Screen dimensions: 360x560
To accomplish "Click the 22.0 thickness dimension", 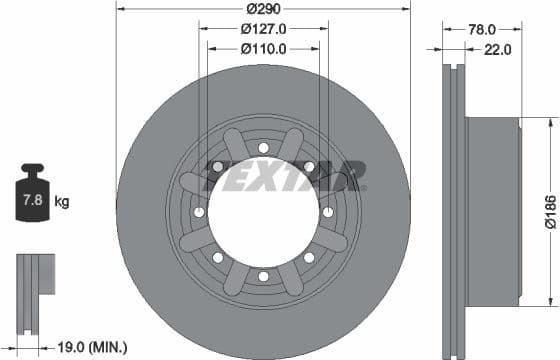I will click(x=498, y=48).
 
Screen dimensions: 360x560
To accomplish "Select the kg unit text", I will click(x=62, y=203).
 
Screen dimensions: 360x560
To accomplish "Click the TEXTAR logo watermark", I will click(x=285, y=176).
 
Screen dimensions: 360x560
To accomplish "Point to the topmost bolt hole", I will click(x=263, y=147).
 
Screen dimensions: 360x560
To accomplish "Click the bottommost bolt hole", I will click(x=263, y=276).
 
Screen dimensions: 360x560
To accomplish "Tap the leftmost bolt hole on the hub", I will click(x=199, y=212).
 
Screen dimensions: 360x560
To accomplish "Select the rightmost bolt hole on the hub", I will click(x=327, y=212).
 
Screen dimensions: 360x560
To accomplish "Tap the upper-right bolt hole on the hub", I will click(x=308, y=166).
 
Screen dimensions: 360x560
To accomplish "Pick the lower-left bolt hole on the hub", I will click(x=217, y=257).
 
